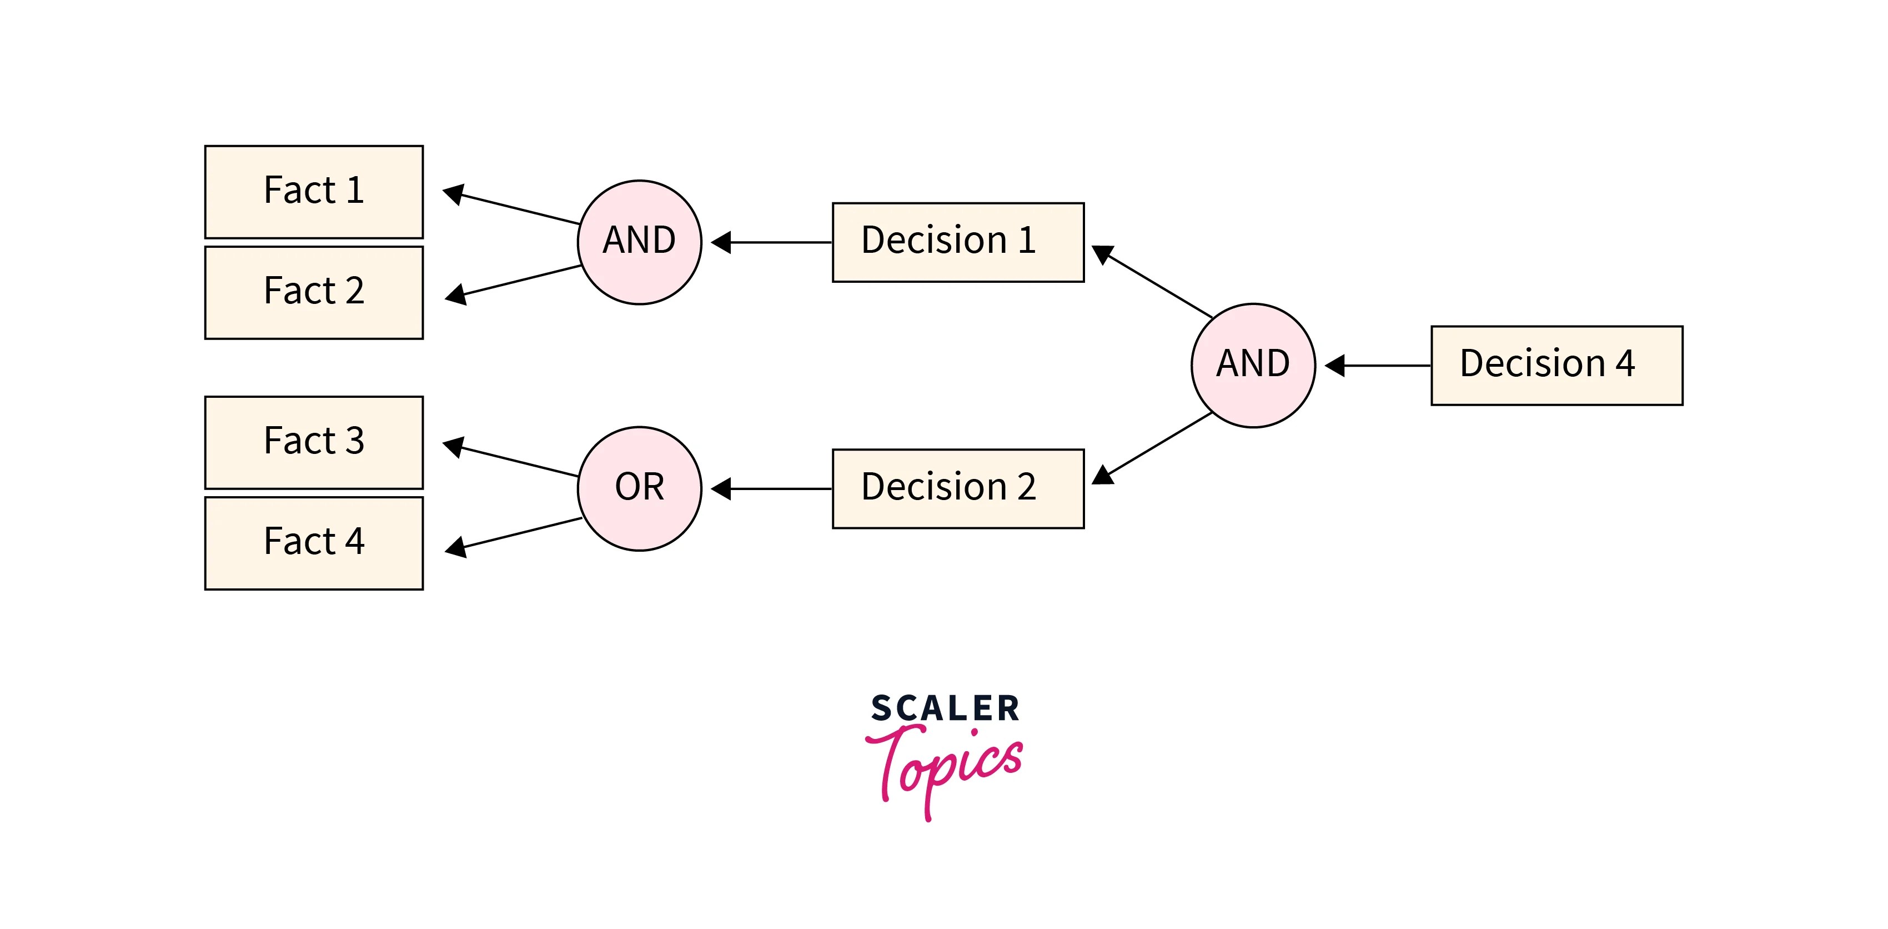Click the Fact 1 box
point(314,191)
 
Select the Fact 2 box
point(314,292)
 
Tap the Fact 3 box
point(314,442)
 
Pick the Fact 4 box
point(314,543)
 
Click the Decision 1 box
point(957,242)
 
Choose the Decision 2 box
point(957,488)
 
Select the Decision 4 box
point(1556,365)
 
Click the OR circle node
point(639,488)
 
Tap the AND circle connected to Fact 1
point(639,242)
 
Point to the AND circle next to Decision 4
point(1253,365)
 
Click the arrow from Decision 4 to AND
point(1378,365)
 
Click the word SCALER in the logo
point(944,708)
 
